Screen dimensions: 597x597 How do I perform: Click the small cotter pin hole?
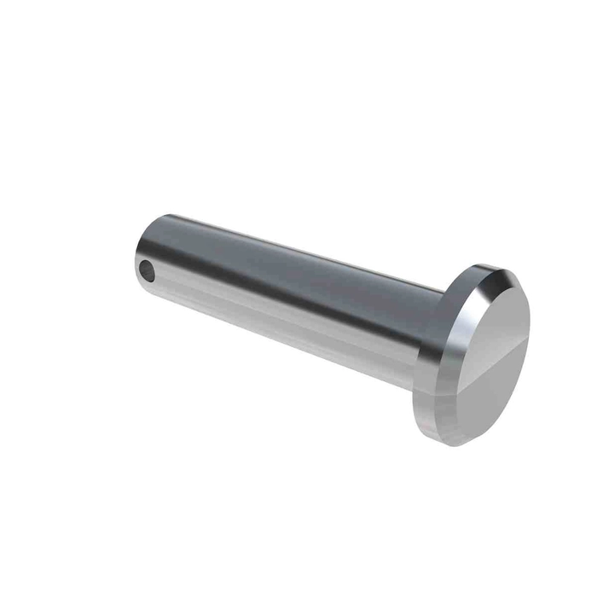[x=148, y=273]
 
